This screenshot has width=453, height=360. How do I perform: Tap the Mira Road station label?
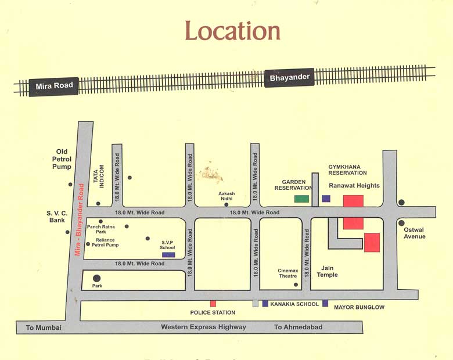tap(55, 86)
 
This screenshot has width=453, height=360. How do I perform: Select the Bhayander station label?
tap(289, 77)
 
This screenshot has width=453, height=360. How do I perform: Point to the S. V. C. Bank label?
tap(57, 217)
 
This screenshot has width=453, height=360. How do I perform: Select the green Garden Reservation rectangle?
tap(301, 199)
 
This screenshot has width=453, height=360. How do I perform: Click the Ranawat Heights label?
tap(354, 186)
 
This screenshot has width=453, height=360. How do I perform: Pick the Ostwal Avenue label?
tap(415, 233)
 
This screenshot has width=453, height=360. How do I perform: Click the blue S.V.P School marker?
tap(168, 254)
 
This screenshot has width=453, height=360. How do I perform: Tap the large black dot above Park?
tap(96, 278)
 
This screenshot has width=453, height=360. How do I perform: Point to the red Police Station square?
tap(213, 304)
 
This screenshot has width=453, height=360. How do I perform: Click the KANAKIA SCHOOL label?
tap(294, 304)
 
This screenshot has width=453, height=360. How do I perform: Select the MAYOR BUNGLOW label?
tap(359, 307)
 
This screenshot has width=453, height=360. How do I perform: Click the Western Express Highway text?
tap(203, 327)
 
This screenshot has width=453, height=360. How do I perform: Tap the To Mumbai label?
tap(44, 328)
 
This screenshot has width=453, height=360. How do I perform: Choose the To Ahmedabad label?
tap(298, 327)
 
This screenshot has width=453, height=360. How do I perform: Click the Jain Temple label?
tap(327, 271)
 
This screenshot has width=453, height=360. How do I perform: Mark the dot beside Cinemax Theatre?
tap(296, 285)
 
